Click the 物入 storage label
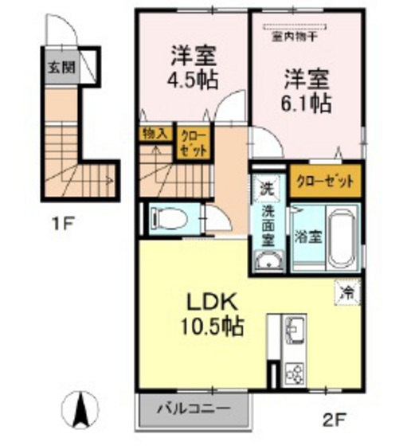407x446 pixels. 155,134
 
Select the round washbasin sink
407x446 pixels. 269,260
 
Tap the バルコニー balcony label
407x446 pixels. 192,409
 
